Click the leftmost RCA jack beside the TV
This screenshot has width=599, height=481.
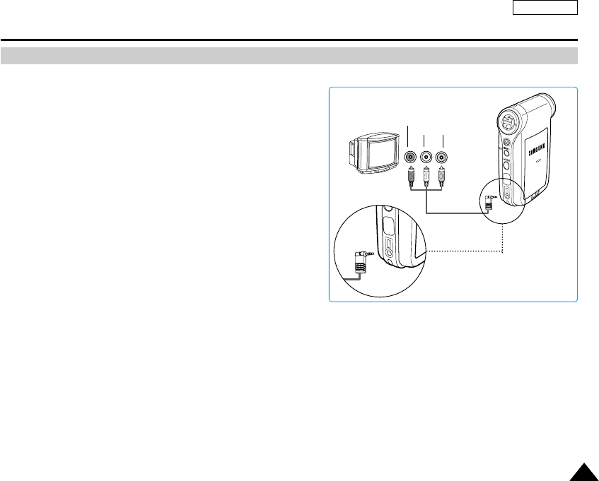coord(409,158)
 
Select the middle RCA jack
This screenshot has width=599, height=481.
coord(426,158)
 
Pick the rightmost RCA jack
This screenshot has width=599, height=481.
coord(443,158)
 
